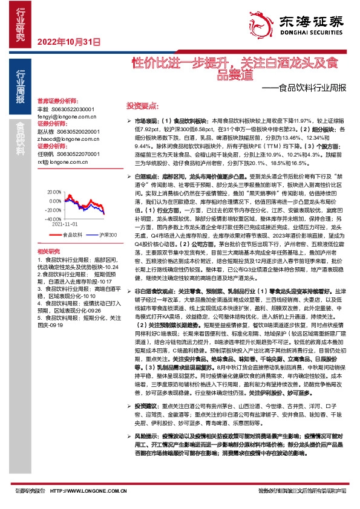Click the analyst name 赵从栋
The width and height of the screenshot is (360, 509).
[46, 131]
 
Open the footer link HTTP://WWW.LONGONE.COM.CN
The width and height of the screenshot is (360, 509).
[86, 491]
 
